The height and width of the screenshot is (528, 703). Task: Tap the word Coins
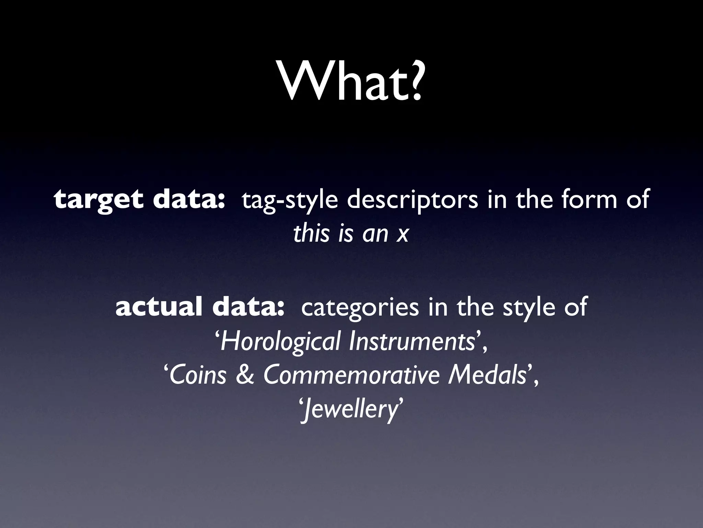(198, 375)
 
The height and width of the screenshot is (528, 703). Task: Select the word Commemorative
(350, 375)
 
